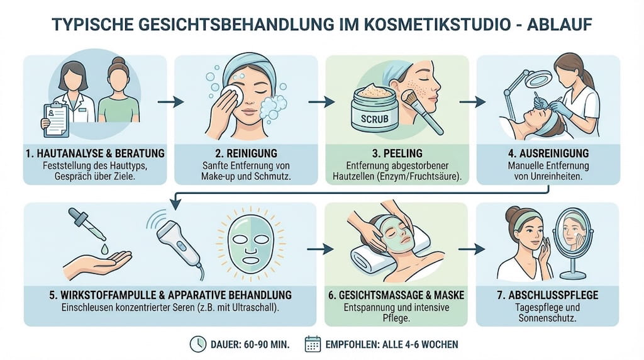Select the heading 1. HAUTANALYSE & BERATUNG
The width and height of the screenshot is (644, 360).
[x=95, y=153]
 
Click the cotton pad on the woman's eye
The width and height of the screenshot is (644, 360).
[x=235, y=94]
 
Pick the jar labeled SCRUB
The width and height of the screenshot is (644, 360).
[x=374, y=110]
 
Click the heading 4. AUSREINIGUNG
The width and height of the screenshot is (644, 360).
[x=548, y=153]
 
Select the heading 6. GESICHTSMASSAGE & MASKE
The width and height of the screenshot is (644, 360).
[x=397, y=294]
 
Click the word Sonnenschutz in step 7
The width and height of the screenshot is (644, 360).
[x=548, y=318]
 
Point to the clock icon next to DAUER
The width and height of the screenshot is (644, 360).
[x=197, y=344]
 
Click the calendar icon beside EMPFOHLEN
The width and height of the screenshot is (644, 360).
[x=313, y=344]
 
